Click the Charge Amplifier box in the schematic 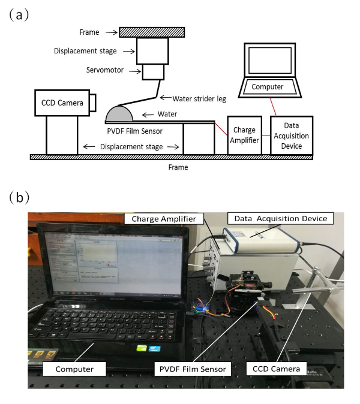click(x=244, y=135)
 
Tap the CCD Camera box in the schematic click(x=61, y=102)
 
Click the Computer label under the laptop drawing click(x=267, y=87)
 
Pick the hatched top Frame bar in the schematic click(x=152, y=32)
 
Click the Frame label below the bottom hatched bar click(x=178, y=168)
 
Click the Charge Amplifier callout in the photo click(x=164, y=219)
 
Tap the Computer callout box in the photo click(x=75, y=369)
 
